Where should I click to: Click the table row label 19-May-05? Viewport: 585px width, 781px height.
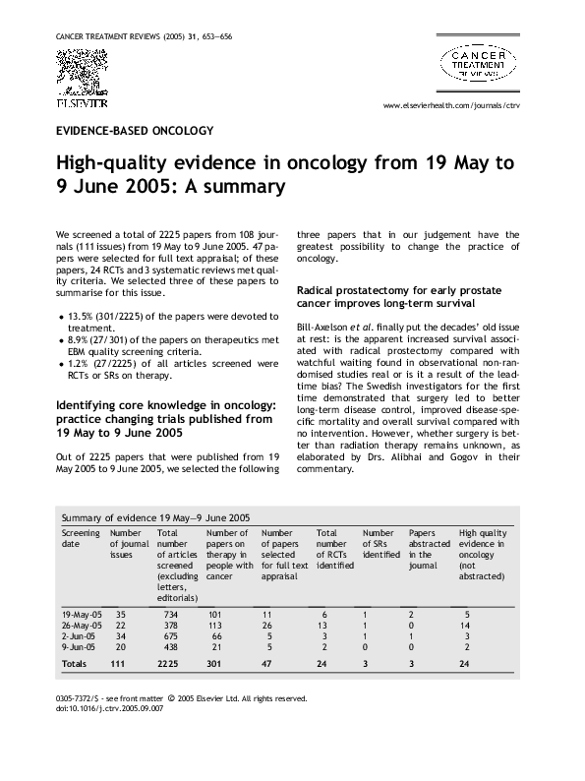(x=80, y=614)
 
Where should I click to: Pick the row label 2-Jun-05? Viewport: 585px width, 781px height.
(x=78, y=636)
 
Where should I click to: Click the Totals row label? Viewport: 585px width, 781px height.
(x=75, y=665)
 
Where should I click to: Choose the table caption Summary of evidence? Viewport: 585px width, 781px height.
(x=155, y=516)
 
